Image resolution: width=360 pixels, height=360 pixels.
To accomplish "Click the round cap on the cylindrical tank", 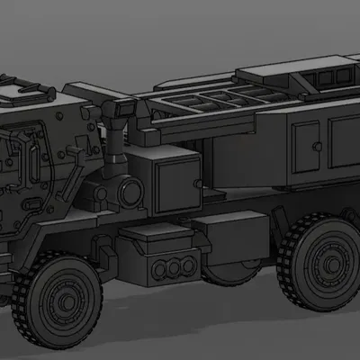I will pyautogui.click(x=130, y=191).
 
